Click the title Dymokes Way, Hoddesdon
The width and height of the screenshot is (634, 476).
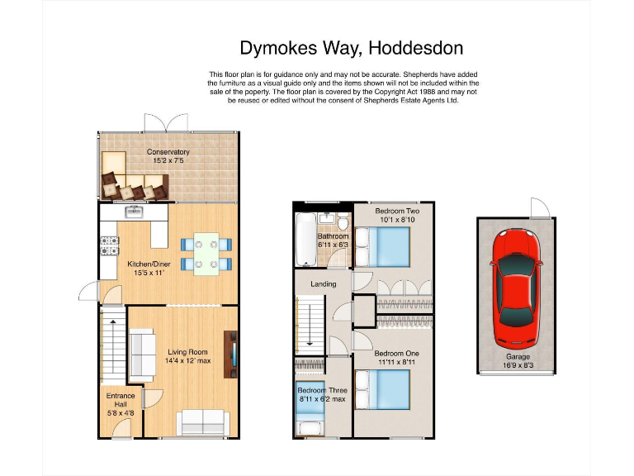(351, 48)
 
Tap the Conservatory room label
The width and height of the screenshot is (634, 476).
(168, 152)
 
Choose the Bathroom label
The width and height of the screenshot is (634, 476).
(333, 236)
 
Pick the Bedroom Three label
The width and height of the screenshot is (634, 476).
(322, 390)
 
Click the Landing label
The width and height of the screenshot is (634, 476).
(323, 284)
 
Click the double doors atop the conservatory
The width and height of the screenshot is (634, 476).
(168, 122)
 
